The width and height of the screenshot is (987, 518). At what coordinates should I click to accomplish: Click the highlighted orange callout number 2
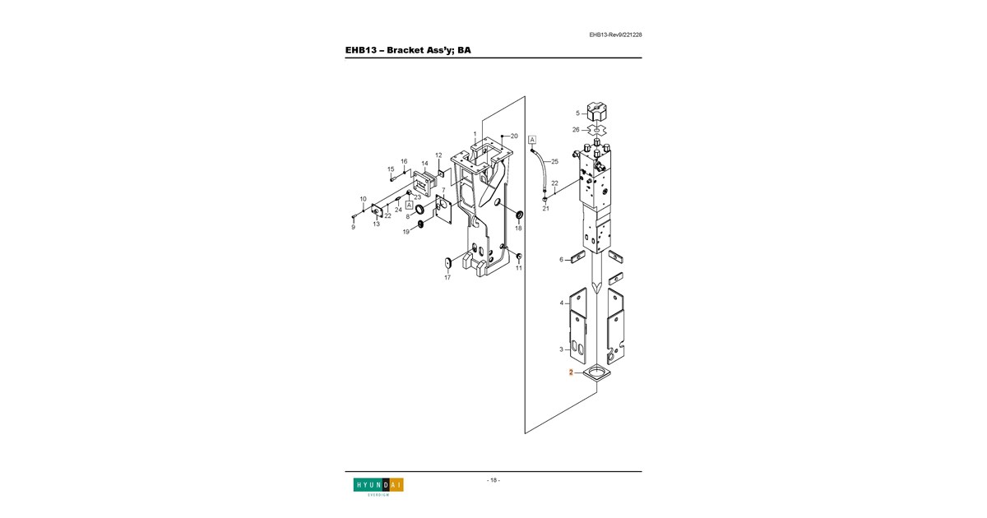pos(571,372)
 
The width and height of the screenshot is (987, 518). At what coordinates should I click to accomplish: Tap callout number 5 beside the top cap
pos(577,113)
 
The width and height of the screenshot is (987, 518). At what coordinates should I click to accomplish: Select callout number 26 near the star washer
pos(576,130)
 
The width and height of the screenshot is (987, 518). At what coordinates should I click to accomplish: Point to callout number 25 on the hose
pos(554,162)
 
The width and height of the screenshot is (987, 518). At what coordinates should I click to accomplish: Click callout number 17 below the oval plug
pos(447,278)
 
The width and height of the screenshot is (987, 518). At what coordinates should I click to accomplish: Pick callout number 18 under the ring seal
pos(518,229)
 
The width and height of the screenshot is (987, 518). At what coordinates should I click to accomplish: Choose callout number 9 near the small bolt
pos(353,227)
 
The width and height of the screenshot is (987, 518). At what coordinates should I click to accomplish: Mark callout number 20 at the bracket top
pos(514,136)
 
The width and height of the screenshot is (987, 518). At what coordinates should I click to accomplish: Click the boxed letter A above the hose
pos(532,140)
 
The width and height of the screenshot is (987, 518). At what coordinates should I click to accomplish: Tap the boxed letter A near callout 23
pos(409,206)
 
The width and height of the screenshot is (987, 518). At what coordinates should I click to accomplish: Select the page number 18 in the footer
pos(493,480)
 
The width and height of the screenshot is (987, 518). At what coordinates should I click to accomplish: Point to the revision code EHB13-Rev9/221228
pos(615,35)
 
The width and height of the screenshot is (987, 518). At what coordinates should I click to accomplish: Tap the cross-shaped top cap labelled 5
pos(597,113)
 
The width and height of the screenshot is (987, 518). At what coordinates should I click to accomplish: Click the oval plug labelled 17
pos(448,263)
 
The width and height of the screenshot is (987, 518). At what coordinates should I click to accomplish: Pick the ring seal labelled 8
pos(420,209)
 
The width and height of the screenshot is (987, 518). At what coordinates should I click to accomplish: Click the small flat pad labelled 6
pos(577,257)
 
